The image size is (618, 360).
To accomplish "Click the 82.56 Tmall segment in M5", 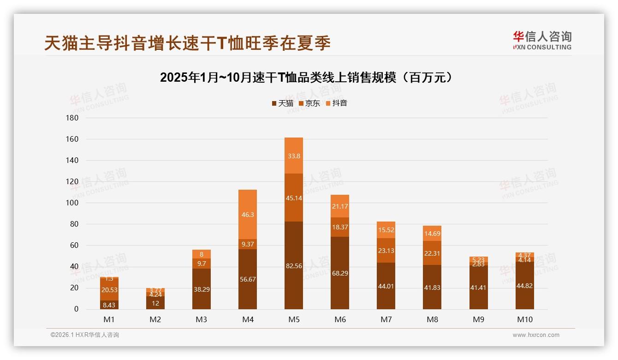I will click(x=294, y=266).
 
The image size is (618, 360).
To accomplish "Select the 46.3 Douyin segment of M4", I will click(x=248, y=215).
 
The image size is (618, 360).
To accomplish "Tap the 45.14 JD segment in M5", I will click(x=294, y=198).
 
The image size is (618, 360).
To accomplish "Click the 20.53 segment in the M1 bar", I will click(x=109, y=289).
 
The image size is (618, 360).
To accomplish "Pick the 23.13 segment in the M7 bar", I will click(x=386, y=251).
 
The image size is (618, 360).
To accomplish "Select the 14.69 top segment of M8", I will click(x=432, y=234).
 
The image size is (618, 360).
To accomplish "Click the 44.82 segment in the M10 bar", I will click(x=524, y=286).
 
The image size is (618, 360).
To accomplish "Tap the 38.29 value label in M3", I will click(x=202, y=289).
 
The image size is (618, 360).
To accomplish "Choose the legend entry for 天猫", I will click(x=282, y=103).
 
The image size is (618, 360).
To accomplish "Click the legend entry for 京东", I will click(x=309, y=103).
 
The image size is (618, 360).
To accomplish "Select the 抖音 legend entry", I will click(x=337, y=103).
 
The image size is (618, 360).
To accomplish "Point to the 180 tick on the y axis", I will click(x=73, y=118).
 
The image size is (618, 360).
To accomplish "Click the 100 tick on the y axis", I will click(x=73, y=203).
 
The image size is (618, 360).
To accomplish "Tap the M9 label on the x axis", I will click(x=478, y=319).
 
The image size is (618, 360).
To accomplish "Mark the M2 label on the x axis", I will click(x=155, y=319).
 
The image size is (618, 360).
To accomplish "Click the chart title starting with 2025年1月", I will click(x=309, y=78).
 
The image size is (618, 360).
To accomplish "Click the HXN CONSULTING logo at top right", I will click(x=542, y=41).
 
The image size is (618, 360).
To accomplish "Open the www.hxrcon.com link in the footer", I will click(x=536, y=335).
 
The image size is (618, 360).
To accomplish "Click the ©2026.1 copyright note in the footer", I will click(x=85, y=335).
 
